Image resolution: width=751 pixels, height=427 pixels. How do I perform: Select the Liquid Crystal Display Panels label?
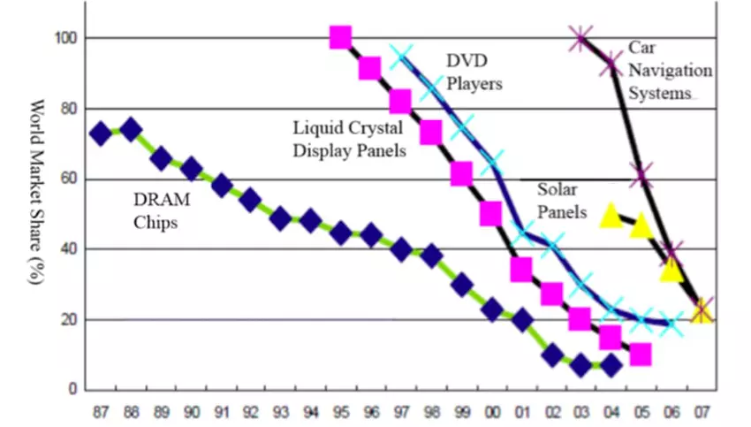pyautogui.click(x=350, y=140)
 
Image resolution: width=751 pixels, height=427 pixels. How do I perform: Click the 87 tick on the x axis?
pyautogui.click(x=100, y=411)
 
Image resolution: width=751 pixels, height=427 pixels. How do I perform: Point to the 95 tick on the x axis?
pyautogui.click(x=340, y=411)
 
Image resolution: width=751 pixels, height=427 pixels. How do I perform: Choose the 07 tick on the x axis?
pyautogui.click(x=702, y=411)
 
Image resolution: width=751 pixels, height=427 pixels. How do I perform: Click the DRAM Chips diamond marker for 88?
pyautogui.click(x=131, y=130)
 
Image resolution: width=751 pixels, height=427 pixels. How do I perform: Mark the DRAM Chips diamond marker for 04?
pyautogui.click(x=611, y=365)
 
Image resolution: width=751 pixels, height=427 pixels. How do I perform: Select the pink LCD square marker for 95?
pyautogui.click(x=341, y=37)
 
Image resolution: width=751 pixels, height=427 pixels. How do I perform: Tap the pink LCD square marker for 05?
pyautogui.click(x=641, y=355)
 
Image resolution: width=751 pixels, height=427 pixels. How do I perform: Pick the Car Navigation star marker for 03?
pyautogui.click(x=580, y=38)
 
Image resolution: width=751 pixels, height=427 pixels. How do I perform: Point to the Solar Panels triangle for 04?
pyautogui.click(x=611, y=215)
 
